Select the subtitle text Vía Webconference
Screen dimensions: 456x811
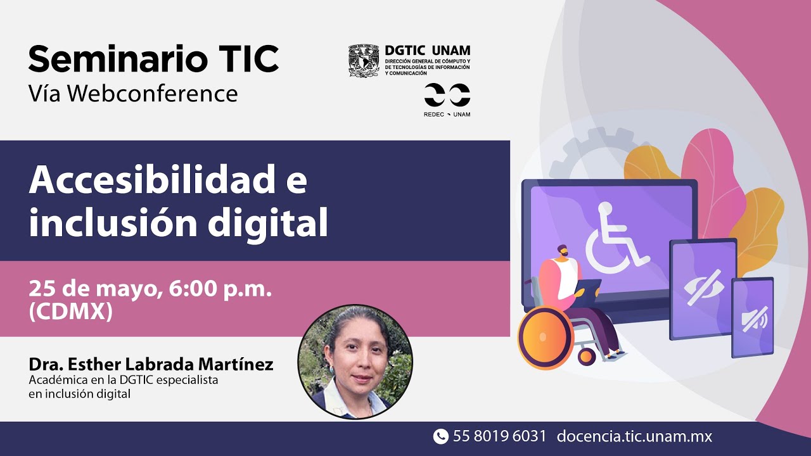[133, 94]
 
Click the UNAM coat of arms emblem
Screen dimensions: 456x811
[364, 61]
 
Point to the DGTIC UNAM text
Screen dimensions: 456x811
[428, 51]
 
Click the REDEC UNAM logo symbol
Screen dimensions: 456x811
[447, 95]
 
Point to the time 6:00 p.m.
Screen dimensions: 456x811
[220, 289]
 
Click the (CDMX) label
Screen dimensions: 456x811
[70, 312]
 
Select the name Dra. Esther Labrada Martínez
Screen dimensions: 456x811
[151, 364]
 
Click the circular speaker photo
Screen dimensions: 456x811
[355, 362]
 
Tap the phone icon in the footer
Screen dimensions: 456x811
[440, 436]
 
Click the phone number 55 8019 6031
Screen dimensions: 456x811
[499, 436]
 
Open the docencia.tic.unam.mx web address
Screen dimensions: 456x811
[634, 436]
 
